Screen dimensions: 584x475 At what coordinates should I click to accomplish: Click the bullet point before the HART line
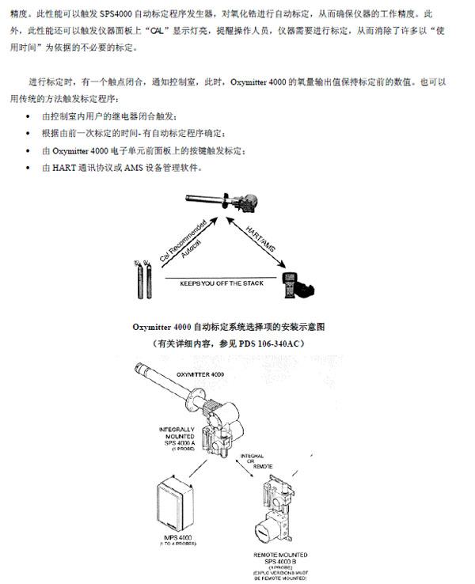click(28, 168)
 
